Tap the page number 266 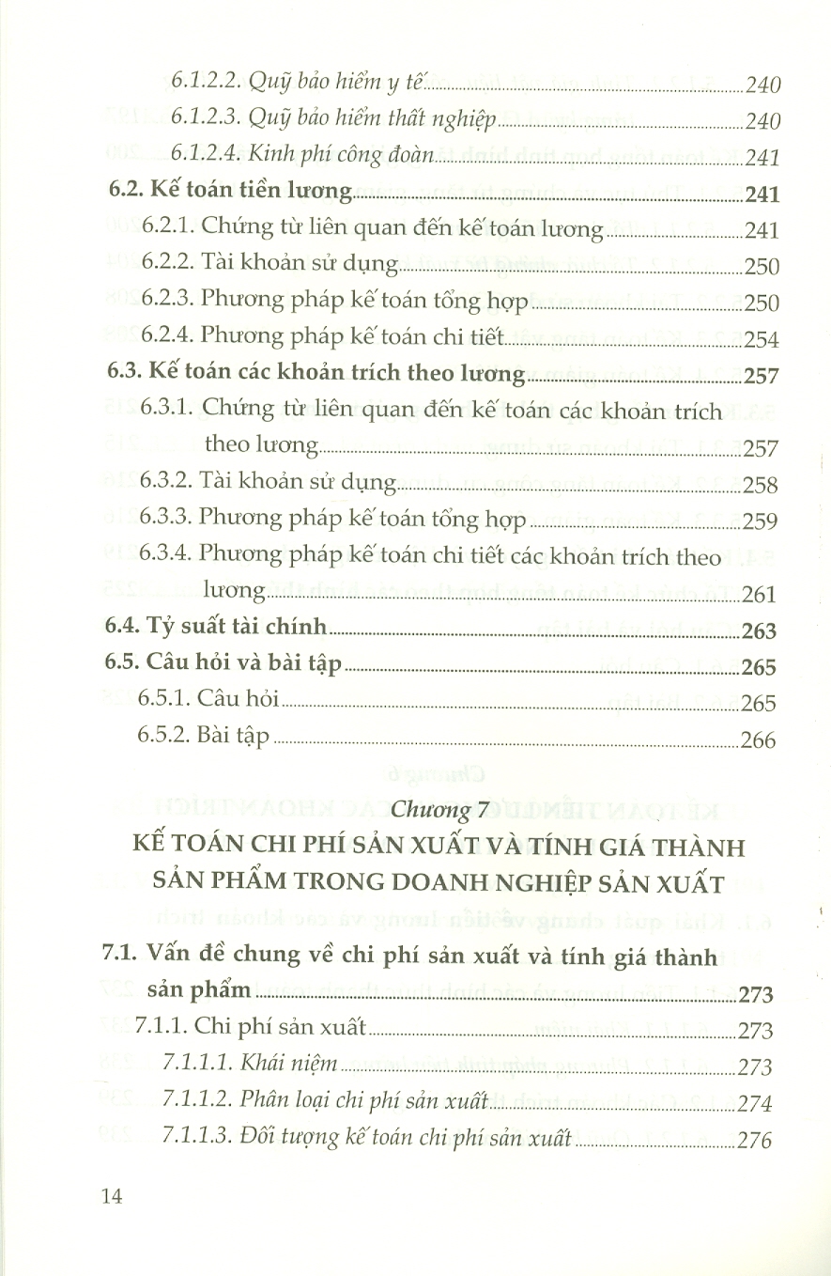click(758, 740)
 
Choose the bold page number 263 click(759, 630)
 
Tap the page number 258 click(759, 485)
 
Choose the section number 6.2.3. click(170, 302)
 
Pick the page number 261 click(759, 594)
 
